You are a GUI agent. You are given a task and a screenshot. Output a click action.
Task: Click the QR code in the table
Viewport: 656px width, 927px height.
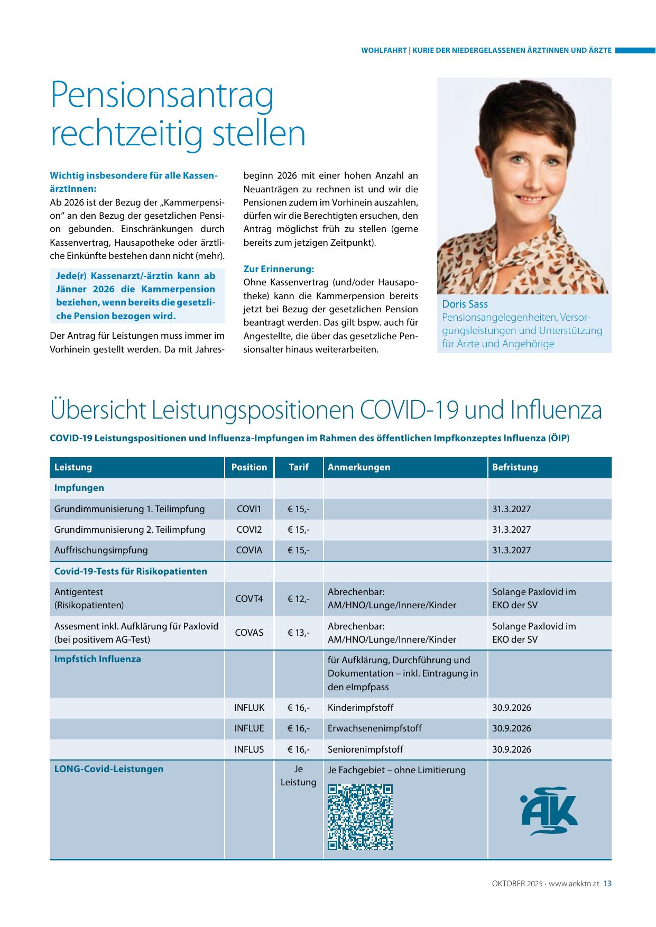pos(360,817)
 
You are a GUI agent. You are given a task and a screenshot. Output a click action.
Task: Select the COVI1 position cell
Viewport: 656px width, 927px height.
pos(249,509)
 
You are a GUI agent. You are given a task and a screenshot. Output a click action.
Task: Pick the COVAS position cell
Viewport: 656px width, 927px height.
pos(249,633)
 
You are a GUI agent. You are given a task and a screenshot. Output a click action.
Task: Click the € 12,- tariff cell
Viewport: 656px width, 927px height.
pos(299,599)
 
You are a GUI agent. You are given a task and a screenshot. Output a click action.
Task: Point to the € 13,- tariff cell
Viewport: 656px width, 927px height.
pos(299,633)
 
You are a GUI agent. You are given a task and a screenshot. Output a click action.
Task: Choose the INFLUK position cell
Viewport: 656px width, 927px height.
pos(249,708)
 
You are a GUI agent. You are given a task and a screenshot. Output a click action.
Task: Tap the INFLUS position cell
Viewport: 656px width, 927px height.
pos(249,749)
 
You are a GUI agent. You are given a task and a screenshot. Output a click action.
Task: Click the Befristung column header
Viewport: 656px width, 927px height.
pos(515,467)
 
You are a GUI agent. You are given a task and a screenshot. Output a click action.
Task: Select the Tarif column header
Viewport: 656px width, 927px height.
pos(299,467)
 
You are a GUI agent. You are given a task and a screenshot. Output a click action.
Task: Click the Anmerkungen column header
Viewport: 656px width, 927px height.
pos(359,467)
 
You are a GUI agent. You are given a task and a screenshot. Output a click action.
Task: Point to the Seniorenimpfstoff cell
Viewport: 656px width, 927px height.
pos(365,749)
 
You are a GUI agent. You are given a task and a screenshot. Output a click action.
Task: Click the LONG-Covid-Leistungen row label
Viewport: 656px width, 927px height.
pos(109,769)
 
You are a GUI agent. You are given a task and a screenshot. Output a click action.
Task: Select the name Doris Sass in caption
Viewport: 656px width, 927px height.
pos(465,304)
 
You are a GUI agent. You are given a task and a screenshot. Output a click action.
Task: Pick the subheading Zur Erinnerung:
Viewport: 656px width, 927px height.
pos(279,269)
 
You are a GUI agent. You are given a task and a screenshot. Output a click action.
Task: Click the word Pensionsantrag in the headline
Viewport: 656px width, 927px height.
pos(162,94)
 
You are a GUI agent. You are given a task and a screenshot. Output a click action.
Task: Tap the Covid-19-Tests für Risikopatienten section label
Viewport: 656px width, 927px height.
pos(131,571)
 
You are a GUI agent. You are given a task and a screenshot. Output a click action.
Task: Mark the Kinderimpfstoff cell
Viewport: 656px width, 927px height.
pos(361,708)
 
